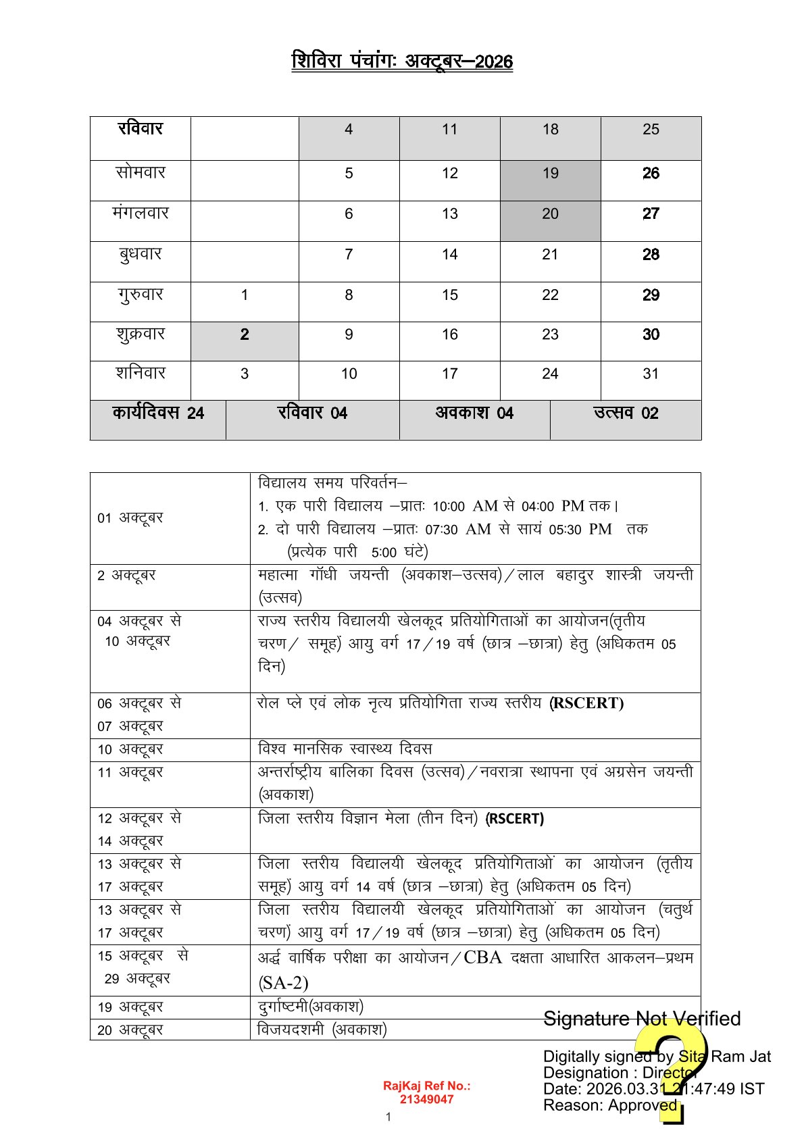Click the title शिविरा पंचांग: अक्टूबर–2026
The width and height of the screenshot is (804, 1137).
coord(402,61)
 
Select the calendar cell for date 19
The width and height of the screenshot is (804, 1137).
coord(550,174)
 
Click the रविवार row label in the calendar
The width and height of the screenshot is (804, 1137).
coord(141,129)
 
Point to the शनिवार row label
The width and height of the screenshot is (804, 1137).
coord(141,374)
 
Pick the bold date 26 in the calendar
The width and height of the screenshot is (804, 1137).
coord(651,174)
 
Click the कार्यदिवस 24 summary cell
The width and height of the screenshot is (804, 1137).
coord(158,413)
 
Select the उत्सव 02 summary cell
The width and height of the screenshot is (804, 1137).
coord(626,413)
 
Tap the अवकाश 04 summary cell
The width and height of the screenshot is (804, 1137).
coord(474,413)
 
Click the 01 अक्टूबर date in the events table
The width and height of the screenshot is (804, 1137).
coord(130,518)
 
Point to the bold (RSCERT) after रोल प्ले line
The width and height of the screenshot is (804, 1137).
coord(586,703)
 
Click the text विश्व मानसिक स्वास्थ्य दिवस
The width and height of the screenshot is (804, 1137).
coord(345,749)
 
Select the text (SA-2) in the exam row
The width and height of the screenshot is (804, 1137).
coord(283,983)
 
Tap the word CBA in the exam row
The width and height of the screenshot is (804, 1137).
coord(483,958)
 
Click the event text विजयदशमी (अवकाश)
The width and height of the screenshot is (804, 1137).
coord(322,1030)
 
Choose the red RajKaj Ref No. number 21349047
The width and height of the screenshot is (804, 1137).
coord(426,1099)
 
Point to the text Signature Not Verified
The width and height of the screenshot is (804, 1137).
coord(642,1019)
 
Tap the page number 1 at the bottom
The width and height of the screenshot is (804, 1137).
coord(388,1117)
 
